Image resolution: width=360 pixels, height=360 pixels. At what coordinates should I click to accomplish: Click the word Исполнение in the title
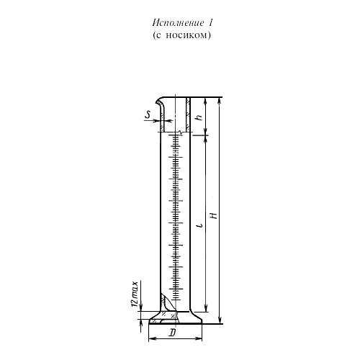[178, 24]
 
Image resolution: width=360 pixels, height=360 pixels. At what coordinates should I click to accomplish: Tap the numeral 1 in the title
[210, 23]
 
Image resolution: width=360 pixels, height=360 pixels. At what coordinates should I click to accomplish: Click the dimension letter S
[148, 114]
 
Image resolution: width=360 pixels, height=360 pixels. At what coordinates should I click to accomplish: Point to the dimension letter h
[199, 117]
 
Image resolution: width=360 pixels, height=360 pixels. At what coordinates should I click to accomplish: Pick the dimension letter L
[200, 225]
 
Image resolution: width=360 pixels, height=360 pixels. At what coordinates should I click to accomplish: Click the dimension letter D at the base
[172, 333]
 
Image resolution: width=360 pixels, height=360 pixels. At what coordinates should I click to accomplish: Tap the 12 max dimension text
[135, 294]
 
